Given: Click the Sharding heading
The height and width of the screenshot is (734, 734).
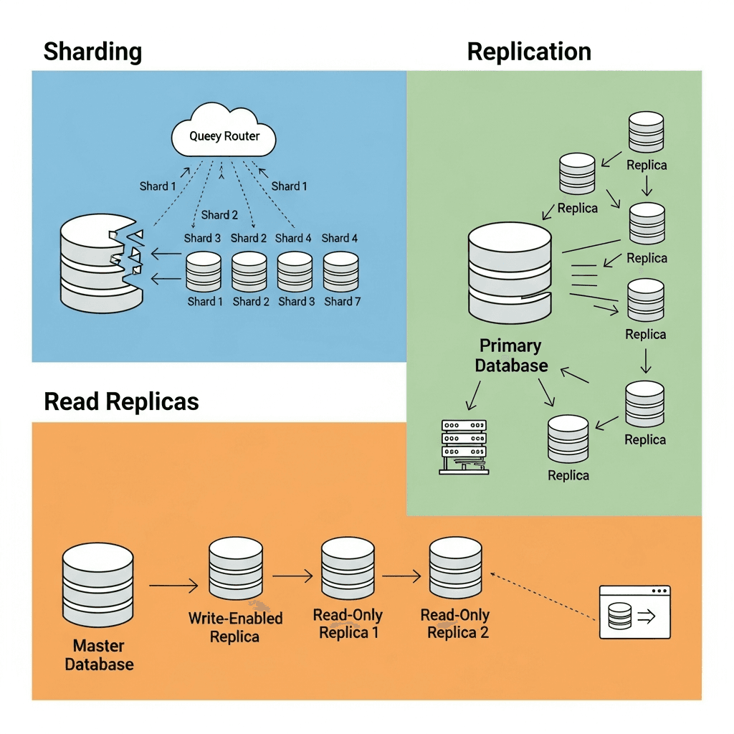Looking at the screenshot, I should point(92,52).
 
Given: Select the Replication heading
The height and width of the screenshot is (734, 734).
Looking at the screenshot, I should point(529,52).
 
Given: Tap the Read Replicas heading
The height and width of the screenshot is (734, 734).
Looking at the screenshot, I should point(121,401).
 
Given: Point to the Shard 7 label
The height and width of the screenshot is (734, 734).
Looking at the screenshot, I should point(342,302).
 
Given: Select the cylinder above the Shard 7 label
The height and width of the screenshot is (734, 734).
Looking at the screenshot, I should point(340,271).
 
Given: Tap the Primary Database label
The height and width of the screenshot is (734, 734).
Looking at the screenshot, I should point(510,356).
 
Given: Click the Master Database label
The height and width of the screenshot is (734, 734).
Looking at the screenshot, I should point(99,655).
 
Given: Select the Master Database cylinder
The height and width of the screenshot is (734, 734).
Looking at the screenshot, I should point(97,584).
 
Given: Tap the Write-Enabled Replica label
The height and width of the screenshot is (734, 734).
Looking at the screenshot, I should point(235,626).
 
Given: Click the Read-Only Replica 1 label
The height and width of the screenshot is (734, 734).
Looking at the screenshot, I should point(348,624).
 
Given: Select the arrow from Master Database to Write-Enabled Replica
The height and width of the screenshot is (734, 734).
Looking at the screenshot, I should point(173,586).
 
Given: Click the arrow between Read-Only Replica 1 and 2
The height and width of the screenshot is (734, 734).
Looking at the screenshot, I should point(401,576).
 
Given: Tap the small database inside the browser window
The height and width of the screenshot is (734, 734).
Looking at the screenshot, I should point(619,616).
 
